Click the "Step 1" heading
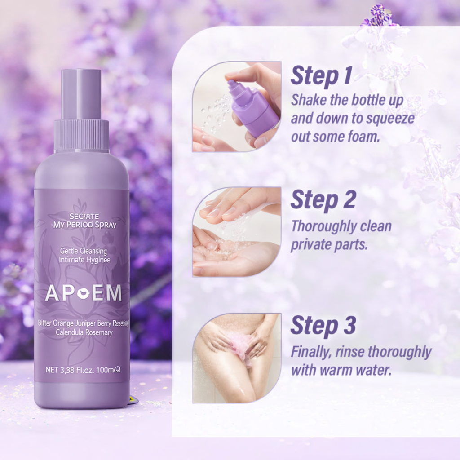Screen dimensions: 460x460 point(321,76)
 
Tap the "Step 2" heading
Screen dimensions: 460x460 point(323,200)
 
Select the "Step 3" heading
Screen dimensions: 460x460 point(323,326)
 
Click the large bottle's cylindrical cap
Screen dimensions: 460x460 point(81,94)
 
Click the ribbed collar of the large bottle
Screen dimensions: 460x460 point(81,135)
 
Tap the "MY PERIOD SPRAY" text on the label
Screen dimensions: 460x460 point(84,225)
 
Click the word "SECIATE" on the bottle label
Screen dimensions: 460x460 point(84,216)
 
